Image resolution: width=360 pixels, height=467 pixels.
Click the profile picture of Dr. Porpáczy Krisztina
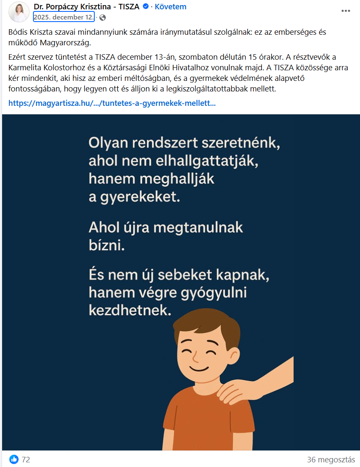(x=19, y=12)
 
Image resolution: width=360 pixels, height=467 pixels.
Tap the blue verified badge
(x=146, y=7)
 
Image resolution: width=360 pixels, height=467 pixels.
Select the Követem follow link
(x=170, y=7)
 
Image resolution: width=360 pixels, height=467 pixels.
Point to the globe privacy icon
(x=102, y=18)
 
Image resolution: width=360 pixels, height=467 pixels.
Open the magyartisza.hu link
(x=112, y=103)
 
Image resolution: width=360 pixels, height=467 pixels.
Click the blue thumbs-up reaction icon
(x=14, y=459)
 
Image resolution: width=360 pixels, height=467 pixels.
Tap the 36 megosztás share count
(x=331, y=459)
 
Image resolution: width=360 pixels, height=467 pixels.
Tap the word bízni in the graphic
(x=107, y=246)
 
